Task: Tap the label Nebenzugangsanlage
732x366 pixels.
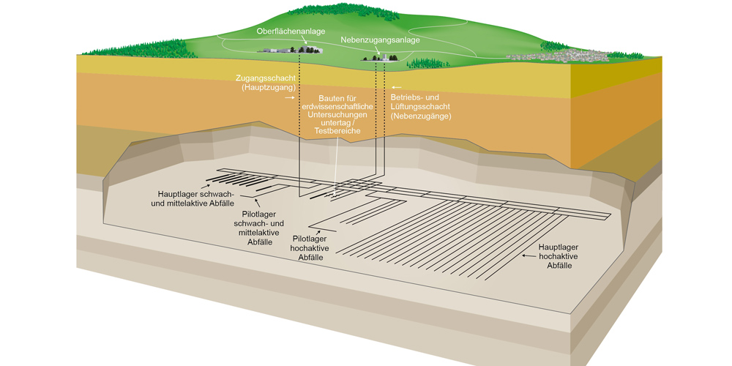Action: tap(380, 40)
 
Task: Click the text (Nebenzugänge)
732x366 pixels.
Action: tap(420, 116)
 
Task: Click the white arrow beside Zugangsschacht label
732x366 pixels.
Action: tap(290, 97)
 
